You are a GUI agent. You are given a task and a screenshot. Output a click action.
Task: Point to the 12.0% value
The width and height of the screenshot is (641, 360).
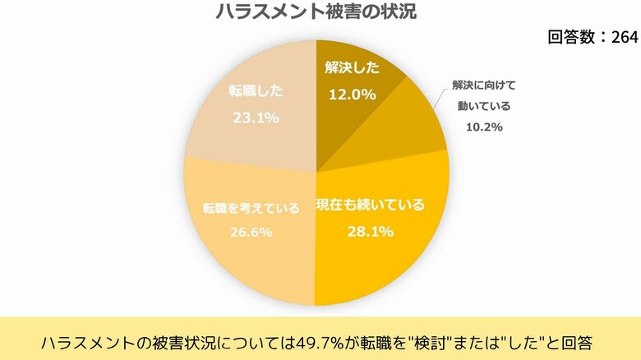(352, 94)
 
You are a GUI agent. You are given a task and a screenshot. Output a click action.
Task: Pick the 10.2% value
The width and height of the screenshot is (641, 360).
(482, 127)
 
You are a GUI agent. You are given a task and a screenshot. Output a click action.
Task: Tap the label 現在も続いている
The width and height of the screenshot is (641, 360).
(371, 205)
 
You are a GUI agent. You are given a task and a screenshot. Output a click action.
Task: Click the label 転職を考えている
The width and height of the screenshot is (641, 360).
(251, 209)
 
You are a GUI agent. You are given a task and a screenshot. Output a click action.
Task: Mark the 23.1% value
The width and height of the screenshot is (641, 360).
(255, 118)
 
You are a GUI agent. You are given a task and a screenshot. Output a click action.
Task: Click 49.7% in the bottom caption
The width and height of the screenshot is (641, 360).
(320, 339)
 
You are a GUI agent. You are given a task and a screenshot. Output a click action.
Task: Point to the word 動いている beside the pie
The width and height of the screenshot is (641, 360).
(484, 106)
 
